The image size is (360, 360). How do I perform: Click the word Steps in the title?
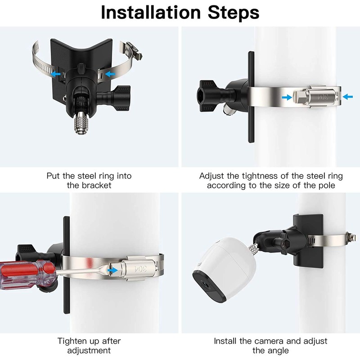[x=234, y=12]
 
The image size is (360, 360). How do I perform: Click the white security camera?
[x=224, y=270]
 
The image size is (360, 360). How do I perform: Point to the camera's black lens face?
[x=209, y=288]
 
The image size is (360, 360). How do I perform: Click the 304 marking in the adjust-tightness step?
[x=323, y=97]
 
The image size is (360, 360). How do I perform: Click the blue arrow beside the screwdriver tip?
[x=112, y=270]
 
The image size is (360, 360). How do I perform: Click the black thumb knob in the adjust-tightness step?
[x=211, y=96]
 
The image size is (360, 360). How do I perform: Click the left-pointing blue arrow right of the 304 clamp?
[x=347, y=97]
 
